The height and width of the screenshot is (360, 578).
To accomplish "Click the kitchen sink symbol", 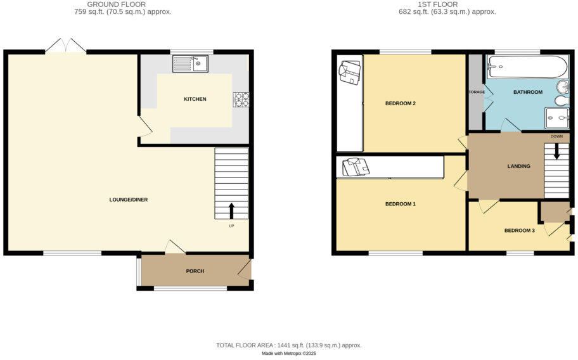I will tap(190, 63).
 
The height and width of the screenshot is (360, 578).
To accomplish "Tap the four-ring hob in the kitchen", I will tap(241, 99).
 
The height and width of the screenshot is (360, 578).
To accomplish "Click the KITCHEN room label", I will tap(195, 100).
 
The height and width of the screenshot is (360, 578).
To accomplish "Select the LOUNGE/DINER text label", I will tap(128, 200).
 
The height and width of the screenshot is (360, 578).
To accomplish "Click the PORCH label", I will tap(195, 271).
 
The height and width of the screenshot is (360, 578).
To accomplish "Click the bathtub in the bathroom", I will tap(527, 67).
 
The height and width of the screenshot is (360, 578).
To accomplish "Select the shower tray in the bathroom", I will tap(556, 118).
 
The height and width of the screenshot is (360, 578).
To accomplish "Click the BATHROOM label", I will tap(527, 93).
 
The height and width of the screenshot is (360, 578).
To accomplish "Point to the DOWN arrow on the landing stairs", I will tap(556, 152).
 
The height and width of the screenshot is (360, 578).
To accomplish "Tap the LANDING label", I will tap(518, 167).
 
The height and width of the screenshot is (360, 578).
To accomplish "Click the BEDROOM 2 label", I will tap(400, 103).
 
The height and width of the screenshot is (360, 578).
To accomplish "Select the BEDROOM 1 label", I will tap(401, 204).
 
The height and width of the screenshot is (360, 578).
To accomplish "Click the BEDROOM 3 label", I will tap(519, 231).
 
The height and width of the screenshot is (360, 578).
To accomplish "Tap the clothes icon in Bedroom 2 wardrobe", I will tap(349, 72).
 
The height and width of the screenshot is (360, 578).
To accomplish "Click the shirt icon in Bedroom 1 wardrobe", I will tap(354, 167).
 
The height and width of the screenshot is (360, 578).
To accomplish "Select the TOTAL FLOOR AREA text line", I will tap(288, 345).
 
